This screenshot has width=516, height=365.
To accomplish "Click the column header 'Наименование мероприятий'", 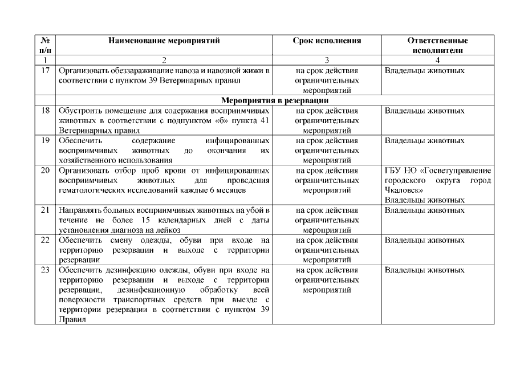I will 164,41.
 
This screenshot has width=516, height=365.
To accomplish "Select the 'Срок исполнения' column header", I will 327,41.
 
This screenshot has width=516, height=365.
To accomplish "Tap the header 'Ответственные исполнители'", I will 437,45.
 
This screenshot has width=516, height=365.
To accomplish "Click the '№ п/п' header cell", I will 44,45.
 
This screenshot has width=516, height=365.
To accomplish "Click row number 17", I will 44,71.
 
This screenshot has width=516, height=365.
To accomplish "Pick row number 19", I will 44,140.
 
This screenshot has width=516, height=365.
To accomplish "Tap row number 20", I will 44,170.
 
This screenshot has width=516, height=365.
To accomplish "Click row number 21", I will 44,210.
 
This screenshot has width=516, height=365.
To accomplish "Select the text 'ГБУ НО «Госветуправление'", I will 437,170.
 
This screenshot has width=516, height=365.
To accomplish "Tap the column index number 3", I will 327,59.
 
